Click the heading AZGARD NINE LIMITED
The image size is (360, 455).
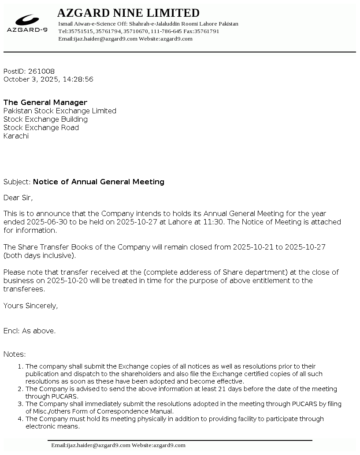[x=128, y=13]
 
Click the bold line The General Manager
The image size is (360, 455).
[x=45, y=103]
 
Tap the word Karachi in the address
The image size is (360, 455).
[x=16, y=136]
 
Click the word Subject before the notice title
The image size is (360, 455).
[x=16, y=182]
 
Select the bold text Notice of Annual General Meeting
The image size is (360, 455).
[x=99, y=182]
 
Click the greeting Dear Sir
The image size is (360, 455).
[x=18, y=198]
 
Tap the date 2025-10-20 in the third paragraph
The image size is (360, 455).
[x=59, y=281]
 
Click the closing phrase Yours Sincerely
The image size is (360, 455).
[x=30, y=306]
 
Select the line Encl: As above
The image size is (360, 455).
[x=30, y=331]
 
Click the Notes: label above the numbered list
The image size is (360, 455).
[x=15, y=354]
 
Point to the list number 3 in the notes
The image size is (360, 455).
[x=20, y=404]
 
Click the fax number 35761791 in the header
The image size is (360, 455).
[x=207, y=31]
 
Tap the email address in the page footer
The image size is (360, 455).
[x=91, y=445]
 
